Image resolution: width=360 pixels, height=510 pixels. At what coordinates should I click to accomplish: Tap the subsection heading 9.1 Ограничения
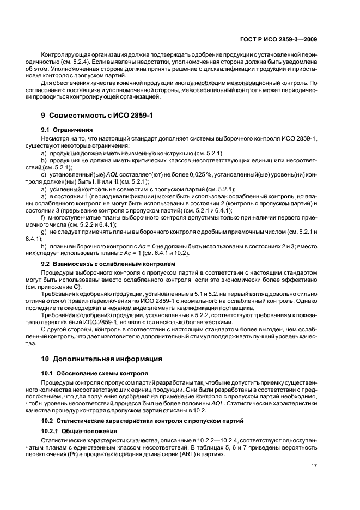tap(68, 130)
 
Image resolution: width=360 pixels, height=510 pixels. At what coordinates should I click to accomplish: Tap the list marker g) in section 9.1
tap(45, 232)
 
